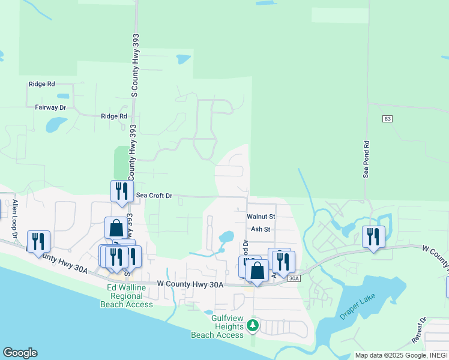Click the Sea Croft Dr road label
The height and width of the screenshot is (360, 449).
tap(154, 196)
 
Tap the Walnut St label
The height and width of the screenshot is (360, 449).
tap(261, 216)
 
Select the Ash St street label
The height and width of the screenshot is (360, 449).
tap(261, 229)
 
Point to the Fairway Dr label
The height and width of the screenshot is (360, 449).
tap(50, 107)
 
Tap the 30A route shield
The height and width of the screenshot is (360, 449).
tap(294, 278)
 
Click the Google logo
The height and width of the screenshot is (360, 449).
tap(20, 353)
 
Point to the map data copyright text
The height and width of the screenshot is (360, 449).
tap(401, 355)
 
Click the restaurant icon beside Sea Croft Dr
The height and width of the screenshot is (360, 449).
tap(122, 190)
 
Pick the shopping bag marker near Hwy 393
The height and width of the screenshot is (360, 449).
tap(116, 227)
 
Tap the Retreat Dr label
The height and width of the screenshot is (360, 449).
tap(418, 329)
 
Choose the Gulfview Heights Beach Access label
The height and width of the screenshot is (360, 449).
tap(217, 330)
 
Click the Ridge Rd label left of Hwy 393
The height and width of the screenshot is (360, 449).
tap(41, 85)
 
